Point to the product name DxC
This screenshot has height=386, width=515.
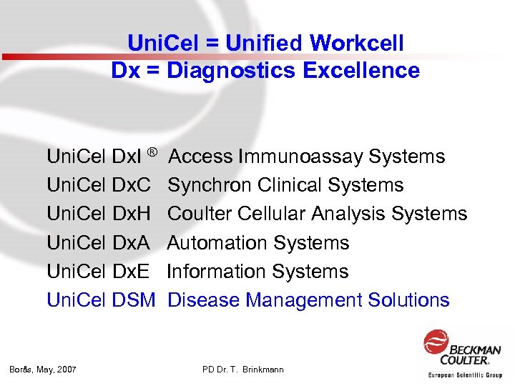132,185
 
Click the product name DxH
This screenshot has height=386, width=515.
132,214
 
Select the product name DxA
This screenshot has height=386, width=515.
132,243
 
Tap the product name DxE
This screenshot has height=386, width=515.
132,272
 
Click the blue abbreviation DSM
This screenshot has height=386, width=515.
134,300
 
